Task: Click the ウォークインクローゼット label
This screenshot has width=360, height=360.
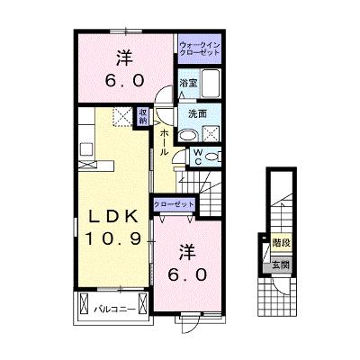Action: pyautogui.click(x=200, y=49)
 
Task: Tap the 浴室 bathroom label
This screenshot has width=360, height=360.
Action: pyautogui.click(x=188, y=84)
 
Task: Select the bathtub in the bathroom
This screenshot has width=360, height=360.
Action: pyautogui.click(x=211, y=84)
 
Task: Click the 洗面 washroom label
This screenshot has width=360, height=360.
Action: pyautogui.click(x=197, y=113)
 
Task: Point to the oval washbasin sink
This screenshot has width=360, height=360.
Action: pyautogui.click(x=188, y=136)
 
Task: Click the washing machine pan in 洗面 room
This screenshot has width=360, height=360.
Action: pyautogui.click(x=211, y=134)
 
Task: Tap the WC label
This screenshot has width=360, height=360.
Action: pyautogui.click(x=198, y=157)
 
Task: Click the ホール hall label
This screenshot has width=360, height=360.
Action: pyautogui.click(x=163, y=142)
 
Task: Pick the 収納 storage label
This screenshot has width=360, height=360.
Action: pyautogui.click(x=143, y=116)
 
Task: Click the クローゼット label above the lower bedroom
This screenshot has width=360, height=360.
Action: pyautogui.click(x=174, y=205)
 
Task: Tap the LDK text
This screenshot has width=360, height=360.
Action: pyautogui.click(x=114, y=216)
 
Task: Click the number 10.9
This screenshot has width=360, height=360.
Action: pyautogui.click(x=113, y=239)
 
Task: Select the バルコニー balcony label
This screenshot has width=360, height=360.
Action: pyautogui.click(x=113, y=310)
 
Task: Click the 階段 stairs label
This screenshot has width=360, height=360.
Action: pyautogui.click(x=282, y=242)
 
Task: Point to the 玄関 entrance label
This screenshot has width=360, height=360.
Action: pyautogui.click(x=281, y=265)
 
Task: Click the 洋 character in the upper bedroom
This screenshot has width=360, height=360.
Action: pyautogui.click(x=125, y=58)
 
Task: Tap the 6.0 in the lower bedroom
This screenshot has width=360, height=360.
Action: pyautogui.click(x=187, y=274)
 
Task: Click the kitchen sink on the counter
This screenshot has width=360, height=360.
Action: pyautogui.click(x=86, y=148)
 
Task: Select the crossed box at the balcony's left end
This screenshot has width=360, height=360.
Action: pyautogui.click(x=84, y=303)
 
